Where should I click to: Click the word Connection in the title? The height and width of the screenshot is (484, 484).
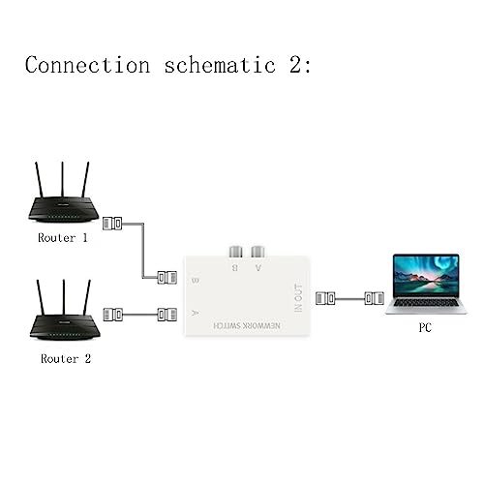88,65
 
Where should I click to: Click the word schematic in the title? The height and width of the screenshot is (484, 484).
220,65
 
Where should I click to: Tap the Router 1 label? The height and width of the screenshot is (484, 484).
63,238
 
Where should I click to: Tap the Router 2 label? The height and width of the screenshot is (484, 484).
66,359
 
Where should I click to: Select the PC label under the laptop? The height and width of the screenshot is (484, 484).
425,327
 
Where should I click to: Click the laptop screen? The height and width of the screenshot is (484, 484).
426,275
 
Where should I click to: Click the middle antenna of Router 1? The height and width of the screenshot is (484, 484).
63,179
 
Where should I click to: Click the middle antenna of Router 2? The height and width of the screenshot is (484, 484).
64,297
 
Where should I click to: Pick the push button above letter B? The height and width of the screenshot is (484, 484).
235,252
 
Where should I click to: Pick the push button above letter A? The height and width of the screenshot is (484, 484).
257,252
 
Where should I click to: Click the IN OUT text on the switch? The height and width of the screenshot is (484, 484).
298,298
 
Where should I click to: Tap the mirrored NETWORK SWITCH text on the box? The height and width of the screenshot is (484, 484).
247,325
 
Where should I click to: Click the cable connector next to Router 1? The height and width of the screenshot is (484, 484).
112,224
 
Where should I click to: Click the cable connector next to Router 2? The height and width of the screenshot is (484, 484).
113,315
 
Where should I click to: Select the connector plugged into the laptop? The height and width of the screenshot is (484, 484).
375,298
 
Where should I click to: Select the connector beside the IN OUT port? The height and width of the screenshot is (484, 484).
325,298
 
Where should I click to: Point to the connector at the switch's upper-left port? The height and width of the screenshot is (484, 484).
167,278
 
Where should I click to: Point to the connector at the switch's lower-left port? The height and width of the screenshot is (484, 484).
167,315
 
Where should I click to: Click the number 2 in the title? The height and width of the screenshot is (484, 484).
295,65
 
